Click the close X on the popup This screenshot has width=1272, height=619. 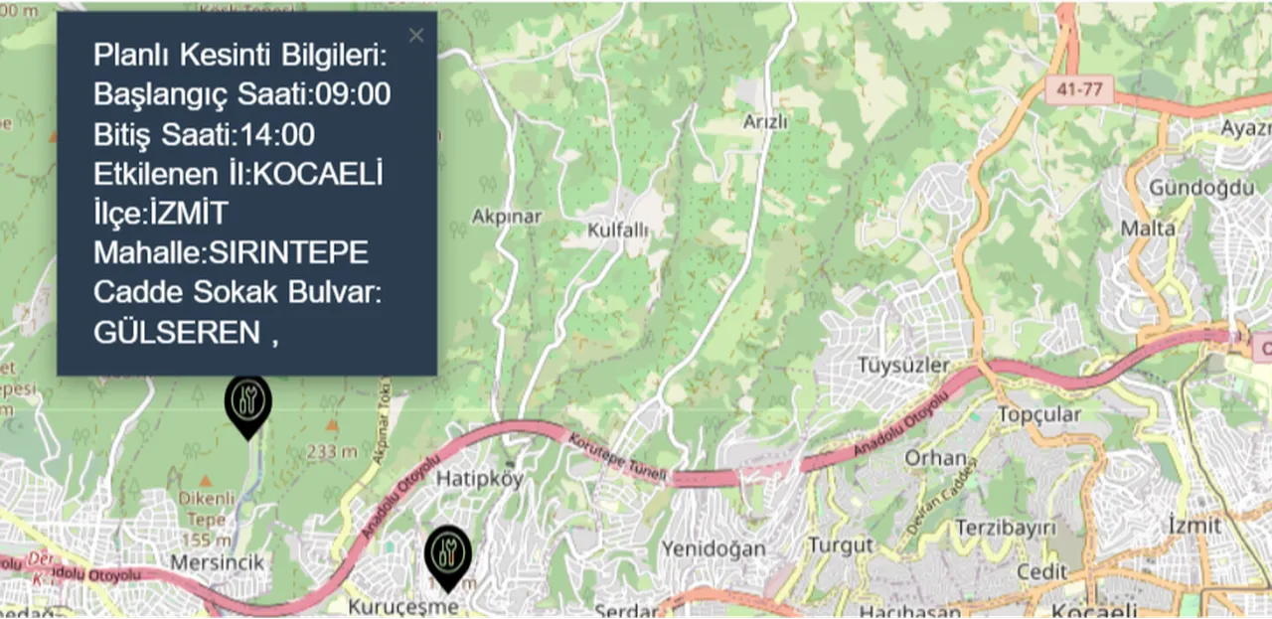[x=415, y=36]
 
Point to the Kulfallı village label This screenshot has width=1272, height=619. [x=617, y=231]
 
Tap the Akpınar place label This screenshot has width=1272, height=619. [x=507, y=216]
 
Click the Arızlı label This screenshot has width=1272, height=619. [x=765, y=122]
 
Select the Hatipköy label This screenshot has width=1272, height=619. [x=481, y=479]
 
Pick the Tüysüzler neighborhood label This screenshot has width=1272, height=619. [x=903, y=365]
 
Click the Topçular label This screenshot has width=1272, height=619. [x=1038, y=413]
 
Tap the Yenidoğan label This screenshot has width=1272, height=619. [x=714, y=548]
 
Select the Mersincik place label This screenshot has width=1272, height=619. [x=218, y=562]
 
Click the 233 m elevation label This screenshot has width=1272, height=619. [x=332, y=451]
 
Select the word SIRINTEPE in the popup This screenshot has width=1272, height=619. [x=287, y=253]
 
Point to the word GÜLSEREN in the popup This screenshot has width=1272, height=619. [x=177, y=333]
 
